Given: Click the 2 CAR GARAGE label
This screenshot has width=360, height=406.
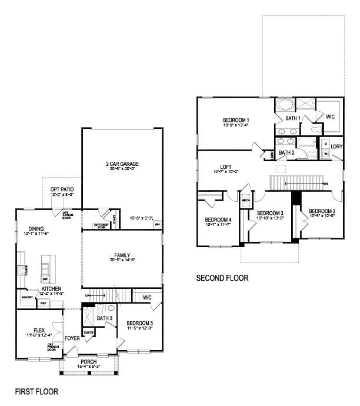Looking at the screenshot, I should coord(122,164).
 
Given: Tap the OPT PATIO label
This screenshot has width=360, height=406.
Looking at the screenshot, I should coord(62,189).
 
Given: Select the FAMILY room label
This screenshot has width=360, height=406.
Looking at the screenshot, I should coord(122,255).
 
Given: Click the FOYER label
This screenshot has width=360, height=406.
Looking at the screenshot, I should coord(72,338).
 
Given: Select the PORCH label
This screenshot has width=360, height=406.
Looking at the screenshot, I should coord(89,361).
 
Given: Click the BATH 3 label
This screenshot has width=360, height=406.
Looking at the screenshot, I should coord(105,318).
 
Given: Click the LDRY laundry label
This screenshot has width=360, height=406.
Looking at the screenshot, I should coord(336,147).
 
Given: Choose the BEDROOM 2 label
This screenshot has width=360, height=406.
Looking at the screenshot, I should coord(322,211).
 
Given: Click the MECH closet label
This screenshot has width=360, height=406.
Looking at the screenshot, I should coord(246,200).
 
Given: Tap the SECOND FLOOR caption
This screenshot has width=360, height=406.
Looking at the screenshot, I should coord(222,278).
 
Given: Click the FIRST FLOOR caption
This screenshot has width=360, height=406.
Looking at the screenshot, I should coord(36,390).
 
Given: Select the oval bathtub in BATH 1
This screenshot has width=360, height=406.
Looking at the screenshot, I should coord(285,106).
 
